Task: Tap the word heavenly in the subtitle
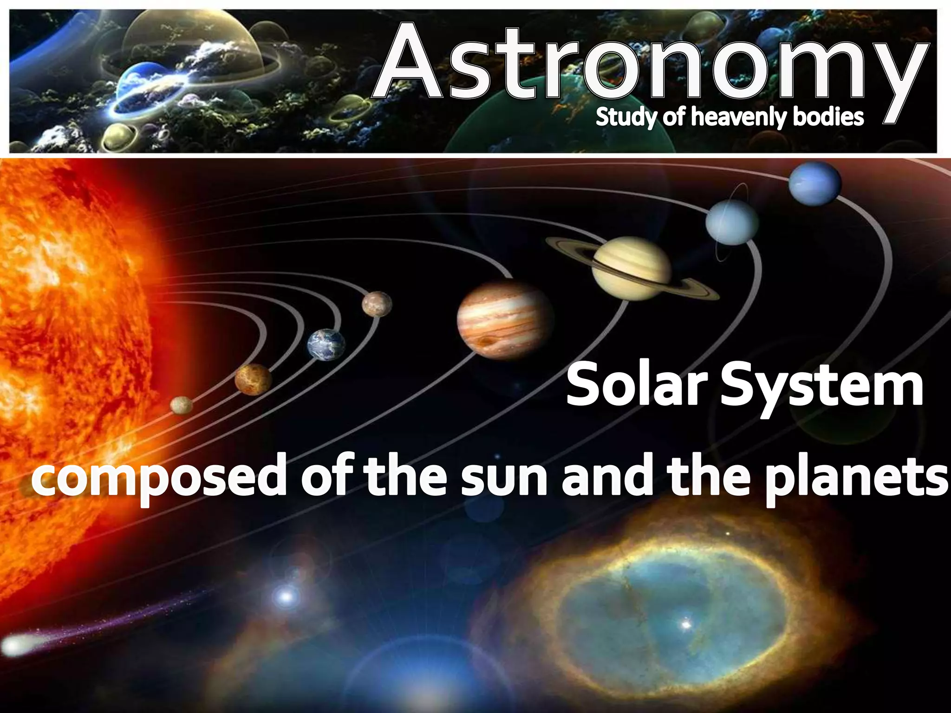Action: point(738,117)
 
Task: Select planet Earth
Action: point(326,344)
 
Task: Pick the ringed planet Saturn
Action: point(632,268)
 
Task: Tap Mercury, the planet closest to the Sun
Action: point(181,405)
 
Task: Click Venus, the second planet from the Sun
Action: point(253,379)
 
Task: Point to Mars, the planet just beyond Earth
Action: point(377,304)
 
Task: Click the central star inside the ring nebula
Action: point(686,624)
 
